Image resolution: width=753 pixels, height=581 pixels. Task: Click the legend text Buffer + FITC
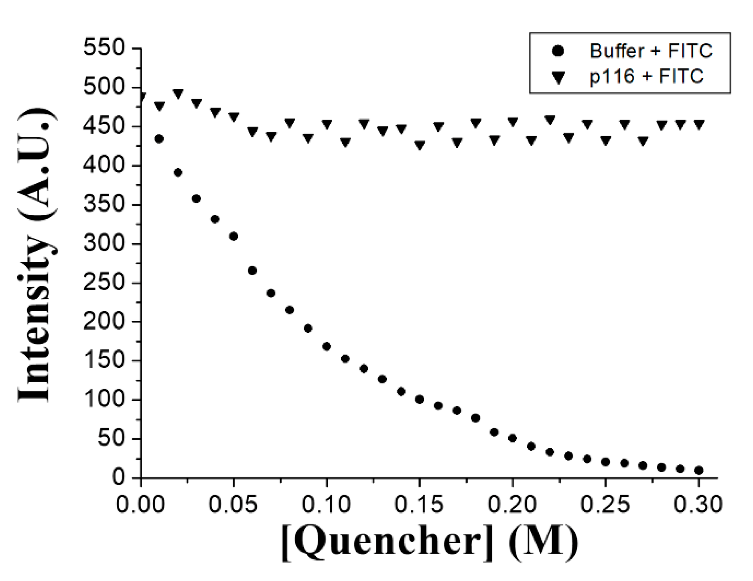pos(651,51)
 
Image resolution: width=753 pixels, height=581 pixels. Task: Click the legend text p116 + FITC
pos(646,76)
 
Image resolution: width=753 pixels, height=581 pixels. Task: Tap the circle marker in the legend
pos(558,51)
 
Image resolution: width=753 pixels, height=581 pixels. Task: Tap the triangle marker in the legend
pos(558,77)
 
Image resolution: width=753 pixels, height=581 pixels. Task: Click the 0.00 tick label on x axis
pos(140,505)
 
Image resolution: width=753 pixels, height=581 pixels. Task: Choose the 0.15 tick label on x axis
pos(420,505)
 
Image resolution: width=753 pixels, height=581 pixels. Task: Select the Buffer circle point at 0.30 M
pos(699,470)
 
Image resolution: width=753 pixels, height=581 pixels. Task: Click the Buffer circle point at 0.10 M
pos(327,347)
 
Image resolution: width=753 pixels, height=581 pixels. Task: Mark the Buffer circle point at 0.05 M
pos(234,236)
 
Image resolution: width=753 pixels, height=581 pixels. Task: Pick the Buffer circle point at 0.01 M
pos(159,139)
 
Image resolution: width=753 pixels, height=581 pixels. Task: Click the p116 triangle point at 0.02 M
pos(178,94)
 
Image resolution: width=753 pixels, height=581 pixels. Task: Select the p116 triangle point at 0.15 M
pos(420,145)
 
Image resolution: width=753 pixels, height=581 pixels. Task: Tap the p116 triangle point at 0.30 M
pos(699,124)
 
